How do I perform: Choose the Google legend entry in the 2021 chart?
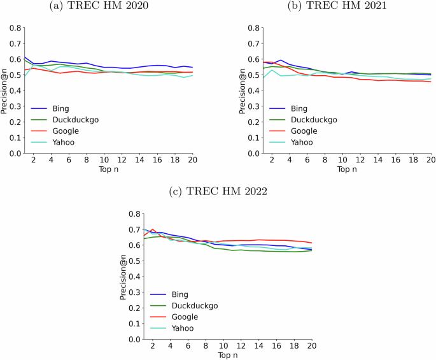[305, 131]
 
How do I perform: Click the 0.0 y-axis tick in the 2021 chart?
[236, 154]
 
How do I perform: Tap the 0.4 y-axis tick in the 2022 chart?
[134, 277]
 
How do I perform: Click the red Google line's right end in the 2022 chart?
[312, 243]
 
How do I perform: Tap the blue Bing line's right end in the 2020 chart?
[192, 68]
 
